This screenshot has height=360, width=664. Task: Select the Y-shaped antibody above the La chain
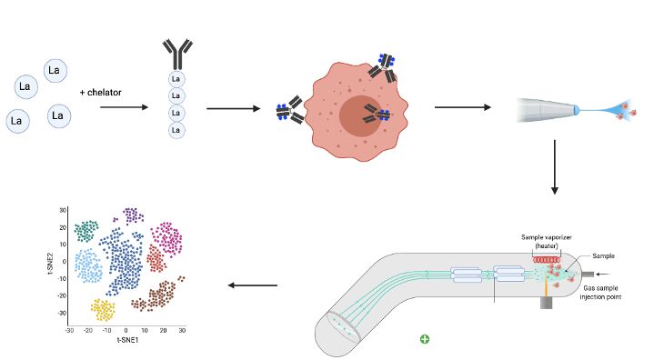[176, 53]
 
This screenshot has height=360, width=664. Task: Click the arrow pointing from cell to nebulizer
[462, 107]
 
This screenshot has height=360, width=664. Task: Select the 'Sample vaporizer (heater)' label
[549, 241]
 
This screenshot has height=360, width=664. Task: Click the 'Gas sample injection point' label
[607, 291]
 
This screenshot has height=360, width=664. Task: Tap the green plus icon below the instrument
[425, 339]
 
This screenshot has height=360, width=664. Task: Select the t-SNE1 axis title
[126, 342]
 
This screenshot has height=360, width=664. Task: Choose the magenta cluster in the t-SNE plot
[167, 238]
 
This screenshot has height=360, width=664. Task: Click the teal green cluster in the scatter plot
[87, 230]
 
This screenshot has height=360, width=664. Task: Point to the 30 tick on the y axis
[64, 210]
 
